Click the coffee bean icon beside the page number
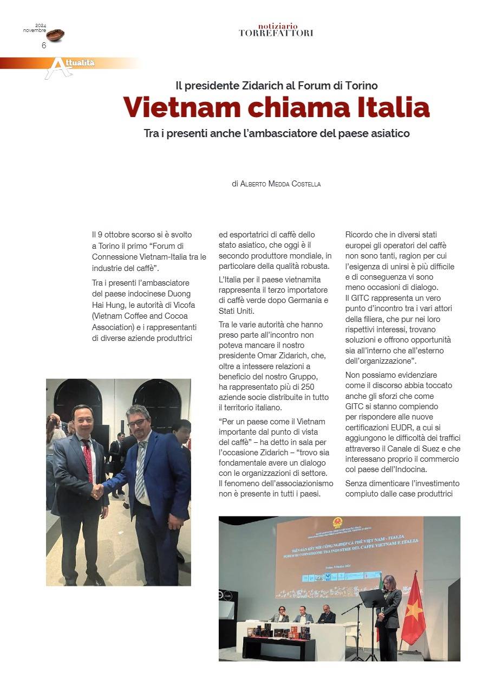coord(55,35)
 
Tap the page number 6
coord(44,46)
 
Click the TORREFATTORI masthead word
coord(276,34)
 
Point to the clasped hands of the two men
coord(97,492)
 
